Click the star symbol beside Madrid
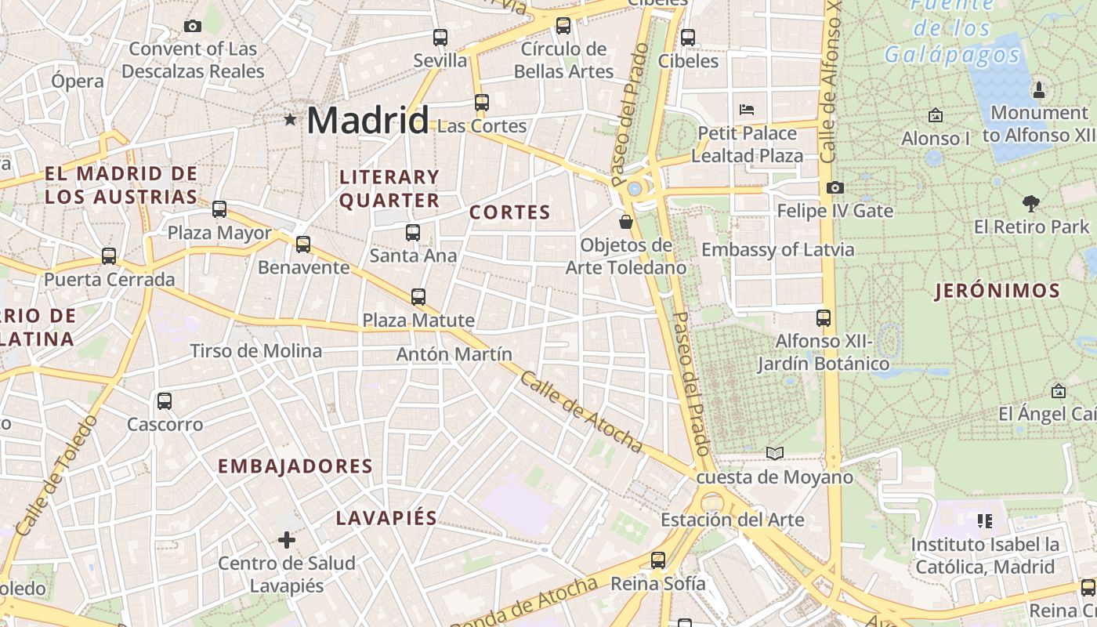pyautogui.click(x=291, y=120)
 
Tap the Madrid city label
pyautogui.click(x=367, y=120)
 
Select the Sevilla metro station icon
pyautogui.click(x=440, y=37)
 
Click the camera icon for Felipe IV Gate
pyautogui.click(x=835, y=187)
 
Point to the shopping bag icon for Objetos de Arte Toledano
pyautogui.click(x=625, y=222)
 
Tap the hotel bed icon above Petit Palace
pyautogui.click(x=747, y=109)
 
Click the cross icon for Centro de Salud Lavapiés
pyautogui.click(x=287, y=539)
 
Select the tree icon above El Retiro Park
pyautogui.click(x=1031, y=204)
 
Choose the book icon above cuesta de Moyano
pyautogui.click(x=774, y=453)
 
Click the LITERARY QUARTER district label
pyautogui.click(x=389, y=189)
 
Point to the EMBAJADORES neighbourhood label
pyautogui.click(x=295, y=466)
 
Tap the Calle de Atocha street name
pyautogui.click(x=581, y=412)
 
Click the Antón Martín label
pyautogui.click(x=454, y=354)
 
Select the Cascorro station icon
pyautogui.click(x=165, y=401)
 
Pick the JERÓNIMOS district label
pyautogui.click(x=997, y=292)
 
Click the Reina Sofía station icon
pyautogui.click(x=658, y=560)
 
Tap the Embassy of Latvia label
pyautogui.click(x=777, y=250)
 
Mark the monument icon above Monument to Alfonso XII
pyautogui.click(x=1039, y=90)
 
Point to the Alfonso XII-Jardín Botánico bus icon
pyautogui.click(x=824, y=318)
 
